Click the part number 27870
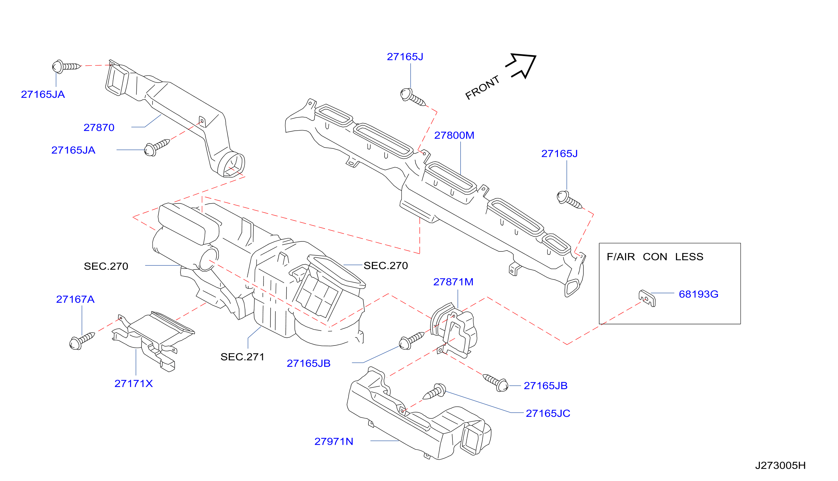[99, 127]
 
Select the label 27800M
[454, 135]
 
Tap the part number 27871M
[453, 282]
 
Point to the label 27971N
[334, 441]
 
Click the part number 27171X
[134, 383]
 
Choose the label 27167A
[75, 299]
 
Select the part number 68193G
[698, 294]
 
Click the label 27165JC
[548, 413]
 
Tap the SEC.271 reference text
[242, 357]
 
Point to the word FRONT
[483, 88]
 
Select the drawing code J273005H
[781, 465]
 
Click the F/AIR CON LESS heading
[655, 257]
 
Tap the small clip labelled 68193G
[647, 298]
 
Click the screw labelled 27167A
[82, 341]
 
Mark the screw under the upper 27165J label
[413, 97]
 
